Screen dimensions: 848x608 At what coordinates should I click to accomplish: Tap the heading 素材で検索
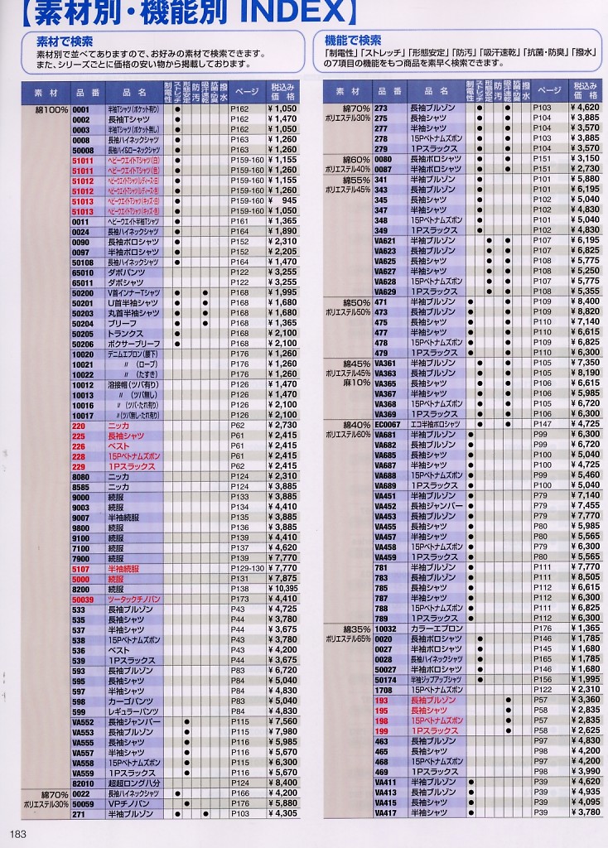(65, 41)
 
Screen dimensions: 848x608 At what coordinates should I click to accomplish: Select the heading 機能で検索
(353, 40)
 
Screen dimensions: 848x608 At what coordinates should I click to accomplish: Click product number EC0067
(388, 424)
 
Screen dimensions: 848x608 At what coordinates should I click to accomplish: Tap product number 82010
(84, 783)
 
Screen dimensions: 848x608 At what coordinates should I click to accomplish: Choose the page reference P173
(239, 598)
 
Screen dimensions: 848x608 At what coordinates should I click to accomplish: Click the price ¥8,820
(584, 311)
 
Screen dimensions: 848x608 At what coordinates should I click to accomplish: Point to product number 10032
(386, 629)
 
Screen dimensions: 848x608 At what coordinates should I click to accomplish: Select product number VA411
(386, 782)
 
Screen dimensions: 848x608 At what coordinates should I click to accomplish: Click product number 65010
(84, 272)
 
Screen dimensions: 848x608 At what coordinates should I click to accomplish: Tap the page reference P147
(542, 424)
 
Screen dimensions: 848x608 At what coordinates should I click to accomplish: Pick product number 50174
(386, 680)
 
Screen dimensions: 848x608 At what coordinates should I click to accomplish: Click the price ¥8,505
(584, 577)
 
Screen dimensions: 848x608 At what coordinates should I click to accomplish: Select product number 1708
(384, 690)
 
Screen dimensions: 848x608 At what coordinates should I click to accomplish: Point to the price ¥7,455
(584, 505)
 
